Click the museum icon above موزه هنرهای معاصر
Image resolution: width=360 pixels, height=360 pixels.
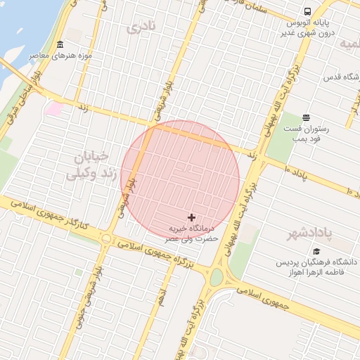tap(60, 44)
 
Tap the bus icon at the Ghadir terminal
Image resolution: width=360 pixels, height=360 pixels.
tap(307, 12)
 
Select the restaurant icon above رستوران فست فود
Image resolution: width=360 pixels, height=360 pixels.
tap(305, 117)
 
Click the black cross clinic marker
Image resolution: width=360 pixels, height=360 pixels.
tap(192, 218)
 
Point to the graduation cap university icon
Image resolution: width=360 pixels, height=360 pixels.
tap(316, 251)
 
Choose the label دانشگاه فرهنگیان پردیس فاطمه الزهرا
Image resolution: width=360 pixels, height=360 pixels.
tap(316, 266)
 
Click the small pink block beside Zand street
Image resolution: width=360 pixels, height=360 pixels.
tap(53, 109)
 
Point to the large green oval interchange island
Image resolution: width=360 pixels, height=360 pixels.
tap(216, 278)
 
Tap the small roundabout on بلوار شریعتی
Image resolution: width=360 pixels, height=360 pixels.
tap(105, 238)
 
